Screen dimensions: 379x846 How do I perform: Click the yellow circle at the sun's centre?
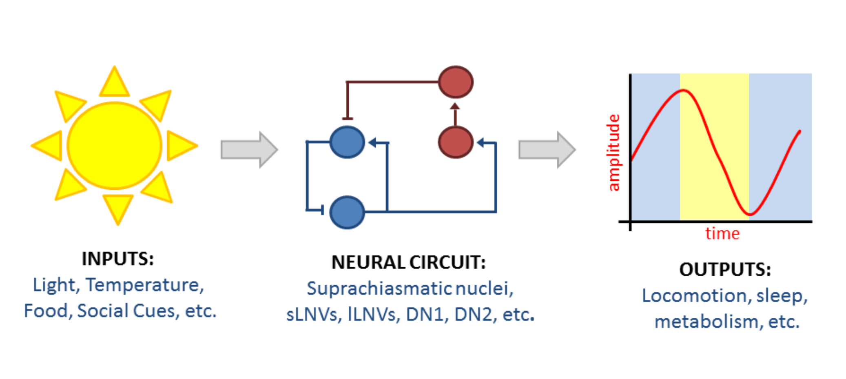[x=114, y=146]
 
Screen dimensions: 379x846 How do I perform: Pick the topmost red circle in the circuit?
[x=456, y=82]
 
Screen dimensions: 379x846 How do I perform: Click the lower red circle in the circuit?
[x=456, y=142]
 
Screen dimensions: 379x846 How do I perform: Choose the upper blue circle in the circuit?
[x=347, y=142]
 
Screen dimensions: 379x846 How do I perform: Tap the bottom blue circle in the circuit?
[x=347, y=212]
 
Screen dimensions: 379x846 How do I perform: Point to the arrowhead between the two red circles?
[x=455, y=107]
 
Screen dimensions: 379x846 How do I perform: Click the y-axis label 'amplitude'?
[x=613, y=153]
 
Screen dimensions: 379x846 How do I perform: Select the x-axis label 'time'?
[x=722, y=234]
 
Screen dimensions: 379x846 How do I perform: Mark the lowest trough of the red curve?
[x=750, y=213]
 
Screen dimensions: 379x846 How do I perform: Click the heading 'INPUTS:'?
[x=118, y=259]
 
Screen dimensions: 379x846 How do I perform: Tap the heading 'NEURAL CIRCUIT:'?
[x=408, y=262]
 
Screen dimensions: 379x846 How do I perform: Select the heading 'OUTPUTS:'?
[x=725, y=270]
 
